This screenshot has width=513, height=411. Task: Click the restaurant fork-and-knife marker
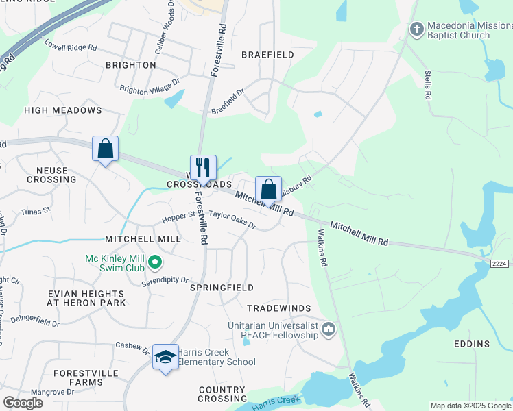(203, 167)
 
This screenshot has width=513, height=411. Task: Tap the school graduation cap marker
(165, 358)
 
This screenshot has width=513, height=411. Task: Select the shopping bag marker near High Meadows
(105, 149)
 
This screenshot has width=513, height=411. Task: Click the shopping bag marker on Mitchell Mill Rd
(268, 189)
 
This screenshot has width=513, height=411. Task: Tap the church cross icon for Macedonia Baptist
(416, 29)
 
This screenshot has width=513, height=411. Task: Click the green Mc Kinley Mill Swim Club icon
(156, 261)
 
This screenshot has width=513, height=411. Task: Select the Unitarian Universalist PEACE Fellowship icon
(329, 330)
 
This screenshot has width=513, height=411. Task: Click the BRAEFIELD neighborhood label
(267, 55)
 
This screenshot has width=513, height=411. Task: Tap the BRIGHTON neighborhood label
(130, 65)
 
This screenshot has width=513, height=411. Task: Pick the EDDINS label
(472, 344)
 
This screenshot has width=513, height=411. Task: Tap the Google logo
(23, 403)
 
